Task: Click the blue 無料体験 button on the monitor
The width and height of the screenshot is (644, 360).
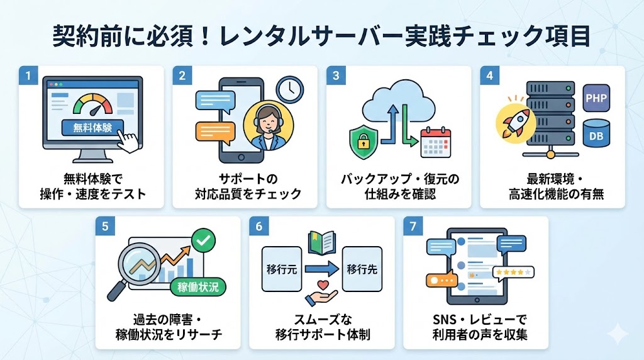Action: (92, 128)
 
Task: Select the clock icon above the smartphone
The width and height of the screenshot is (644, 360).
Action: (289, 89)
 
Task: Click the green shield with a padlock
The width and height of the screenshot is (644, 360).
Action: (364, 139)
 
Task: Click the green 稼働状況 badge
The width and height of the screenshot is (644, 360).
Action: (197, 286)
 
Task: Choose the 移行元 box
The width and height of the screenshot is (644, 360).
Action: (281, 268)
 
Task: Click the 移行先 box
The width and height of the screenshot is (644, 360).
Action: (362, 268)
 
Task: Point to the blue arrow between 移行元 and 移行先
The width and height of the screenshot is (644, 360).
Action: (321, 268)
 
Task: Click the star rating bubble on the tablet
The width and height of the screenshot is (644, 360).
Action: (513, 273)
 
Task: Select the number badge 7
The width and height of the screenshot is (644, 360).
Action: (413, 227)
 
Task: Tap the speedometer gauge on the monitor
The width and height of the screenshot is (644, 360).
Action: (92, 103)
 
